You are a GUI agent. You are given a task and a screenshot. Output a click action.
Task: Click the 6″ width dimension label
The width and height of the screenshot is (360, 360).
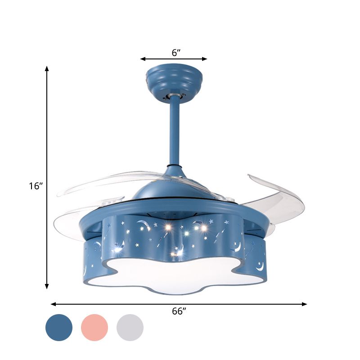(176, 52)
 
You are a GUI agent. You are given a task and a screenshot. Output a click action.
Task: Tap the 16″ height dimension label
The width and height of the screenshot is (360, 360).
(35, 186)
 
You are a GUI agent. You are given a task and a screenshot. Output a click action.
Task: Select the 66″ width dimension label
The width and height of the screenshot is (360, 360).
(179, 312)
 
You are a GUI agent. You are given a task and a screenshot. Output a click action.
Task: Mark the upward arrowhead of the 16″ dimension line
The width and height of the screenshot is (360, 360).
(47, 69)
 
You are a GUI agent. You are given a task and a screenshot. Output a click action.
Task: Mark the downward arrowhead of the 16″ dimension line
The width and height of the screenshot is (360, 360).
(47, 286)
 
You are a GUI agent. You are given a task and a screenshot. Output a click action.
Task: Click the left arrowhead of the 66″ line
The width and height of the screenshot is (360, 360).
(53, 304)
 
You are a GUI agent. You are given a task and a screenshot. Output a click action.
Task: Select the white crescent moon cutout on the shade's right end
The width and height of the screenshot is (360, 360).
(260, 266)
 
